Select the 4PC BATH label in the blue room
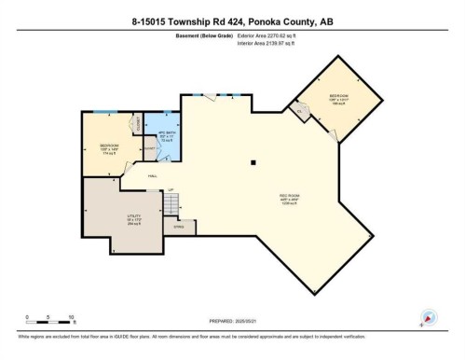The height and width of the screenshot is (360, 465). [167, 135]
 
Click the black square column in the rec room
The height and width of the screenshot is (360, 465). [253, 163]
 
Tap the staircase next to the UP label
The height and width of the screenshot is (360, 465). [169, 202]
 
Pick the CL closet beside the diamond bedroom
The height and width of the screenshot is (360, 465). [301, 112]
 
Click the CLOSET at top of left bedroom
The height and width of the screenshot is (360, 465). [135, 123]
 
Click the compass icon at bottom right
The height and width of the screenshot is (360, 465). [429, 317]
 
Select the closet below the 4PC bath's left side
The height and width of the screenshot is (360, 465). [149, 149]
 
